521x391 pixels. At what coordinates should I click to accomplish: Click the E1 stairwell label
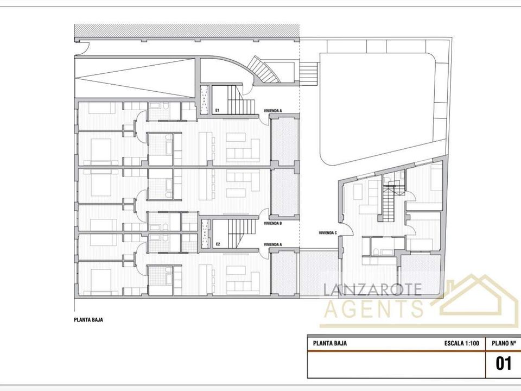[x=217, y=110]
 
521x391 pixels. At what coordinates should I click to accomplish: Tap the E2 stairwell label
[x=218, y=244]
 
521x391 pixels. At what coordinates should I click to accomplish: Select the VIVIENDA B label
[x=273, y=223]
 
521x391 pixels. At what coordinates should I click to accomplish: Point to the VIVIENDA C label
[x=328, y=233]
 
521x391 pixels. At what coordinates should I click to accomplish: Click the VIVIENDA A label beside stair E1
[x=273, y=110]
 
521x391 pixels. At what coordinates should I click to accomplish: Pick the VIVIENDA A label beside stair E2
[x=273, y=244]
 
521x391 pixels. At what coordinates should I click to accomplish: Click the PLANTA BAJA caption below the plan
[x=88, y=320]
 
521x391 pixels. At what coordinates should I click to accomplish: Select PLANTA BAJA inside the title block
[x=329, y=343]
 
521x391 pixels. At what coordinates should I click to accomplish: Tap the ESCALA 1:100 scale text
[x=461, y=343]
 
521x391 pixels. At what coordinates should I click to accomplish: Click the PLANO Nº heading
[x=504, y=343]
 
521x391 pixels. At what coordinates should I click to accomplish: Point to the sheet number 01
[x=504, y=363]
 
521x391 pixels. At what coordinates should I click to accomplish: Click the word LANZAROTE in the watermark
[x=372, y=289]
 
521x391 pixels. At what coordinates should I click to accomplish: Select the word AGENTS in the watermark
[x=374, y=308]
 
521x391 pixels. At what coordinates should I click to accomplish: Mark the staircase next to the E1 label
[x=241, y=99]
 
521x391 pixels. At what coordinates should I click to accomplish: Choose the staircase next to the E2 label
[x=242, y=233]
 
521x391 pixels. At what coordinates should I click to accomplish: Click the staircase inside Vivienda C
[x=387, y=204]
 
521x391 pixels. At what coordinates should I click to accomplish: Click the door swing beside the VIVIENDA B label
[x=264, y=215]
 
